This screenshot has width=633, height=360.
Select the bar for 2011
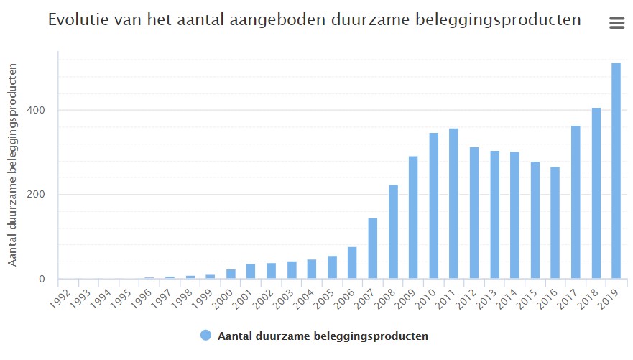[x=453, y=204]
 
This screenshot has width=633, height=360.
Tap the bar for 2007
[x=372, y=249]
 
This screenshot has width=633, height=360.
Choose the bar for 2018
[x=596, y=193]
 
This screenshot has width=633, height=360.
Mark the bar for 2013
[x=494, y=215]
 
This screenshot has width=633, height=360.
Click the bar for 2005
[x=332, y=267]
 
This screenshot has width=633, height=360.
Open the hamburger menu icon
[x=616, y=23]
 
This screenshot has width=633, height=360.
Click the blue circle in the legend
[x=205, y=336]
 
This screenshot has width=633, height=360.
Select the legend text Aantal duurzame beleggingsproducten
[x=323, y=336]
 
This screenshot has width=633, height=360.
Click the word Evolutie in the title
[x=75, y=20]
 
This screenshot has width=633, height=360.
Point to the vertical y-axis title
[x=13, y=164]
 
